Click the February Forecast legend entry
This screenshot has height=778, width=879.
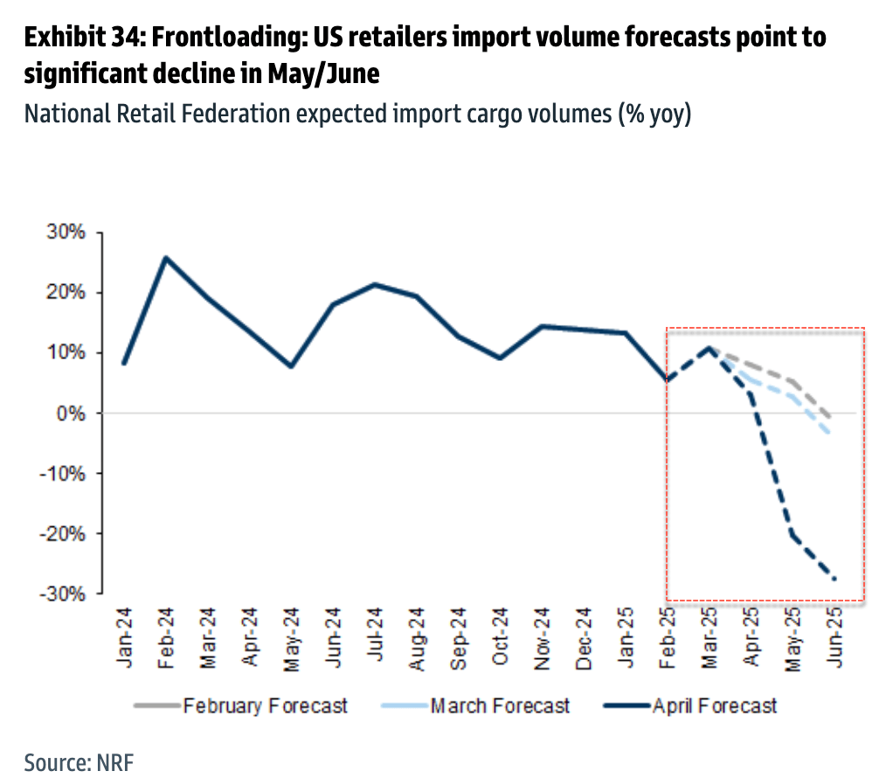click(265, 705)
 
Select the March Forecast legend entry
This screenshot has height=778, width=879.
click(500, 705)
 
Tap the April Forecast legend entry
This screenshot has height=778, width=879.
click(714, 705)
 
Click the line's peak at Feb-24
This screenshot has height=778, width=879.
click(165, 257)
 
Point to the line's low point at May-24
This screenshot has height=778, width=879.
click(291, 366)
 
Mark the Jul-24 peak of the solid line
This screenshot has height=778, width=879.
click(375, 284)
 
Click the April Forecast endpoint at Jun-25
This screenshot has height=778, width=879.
click(834, 579)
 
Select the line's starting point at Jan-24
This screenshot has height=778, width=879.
click(124, 363)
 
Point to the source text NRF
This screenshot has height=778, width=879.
click(115, 761)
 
